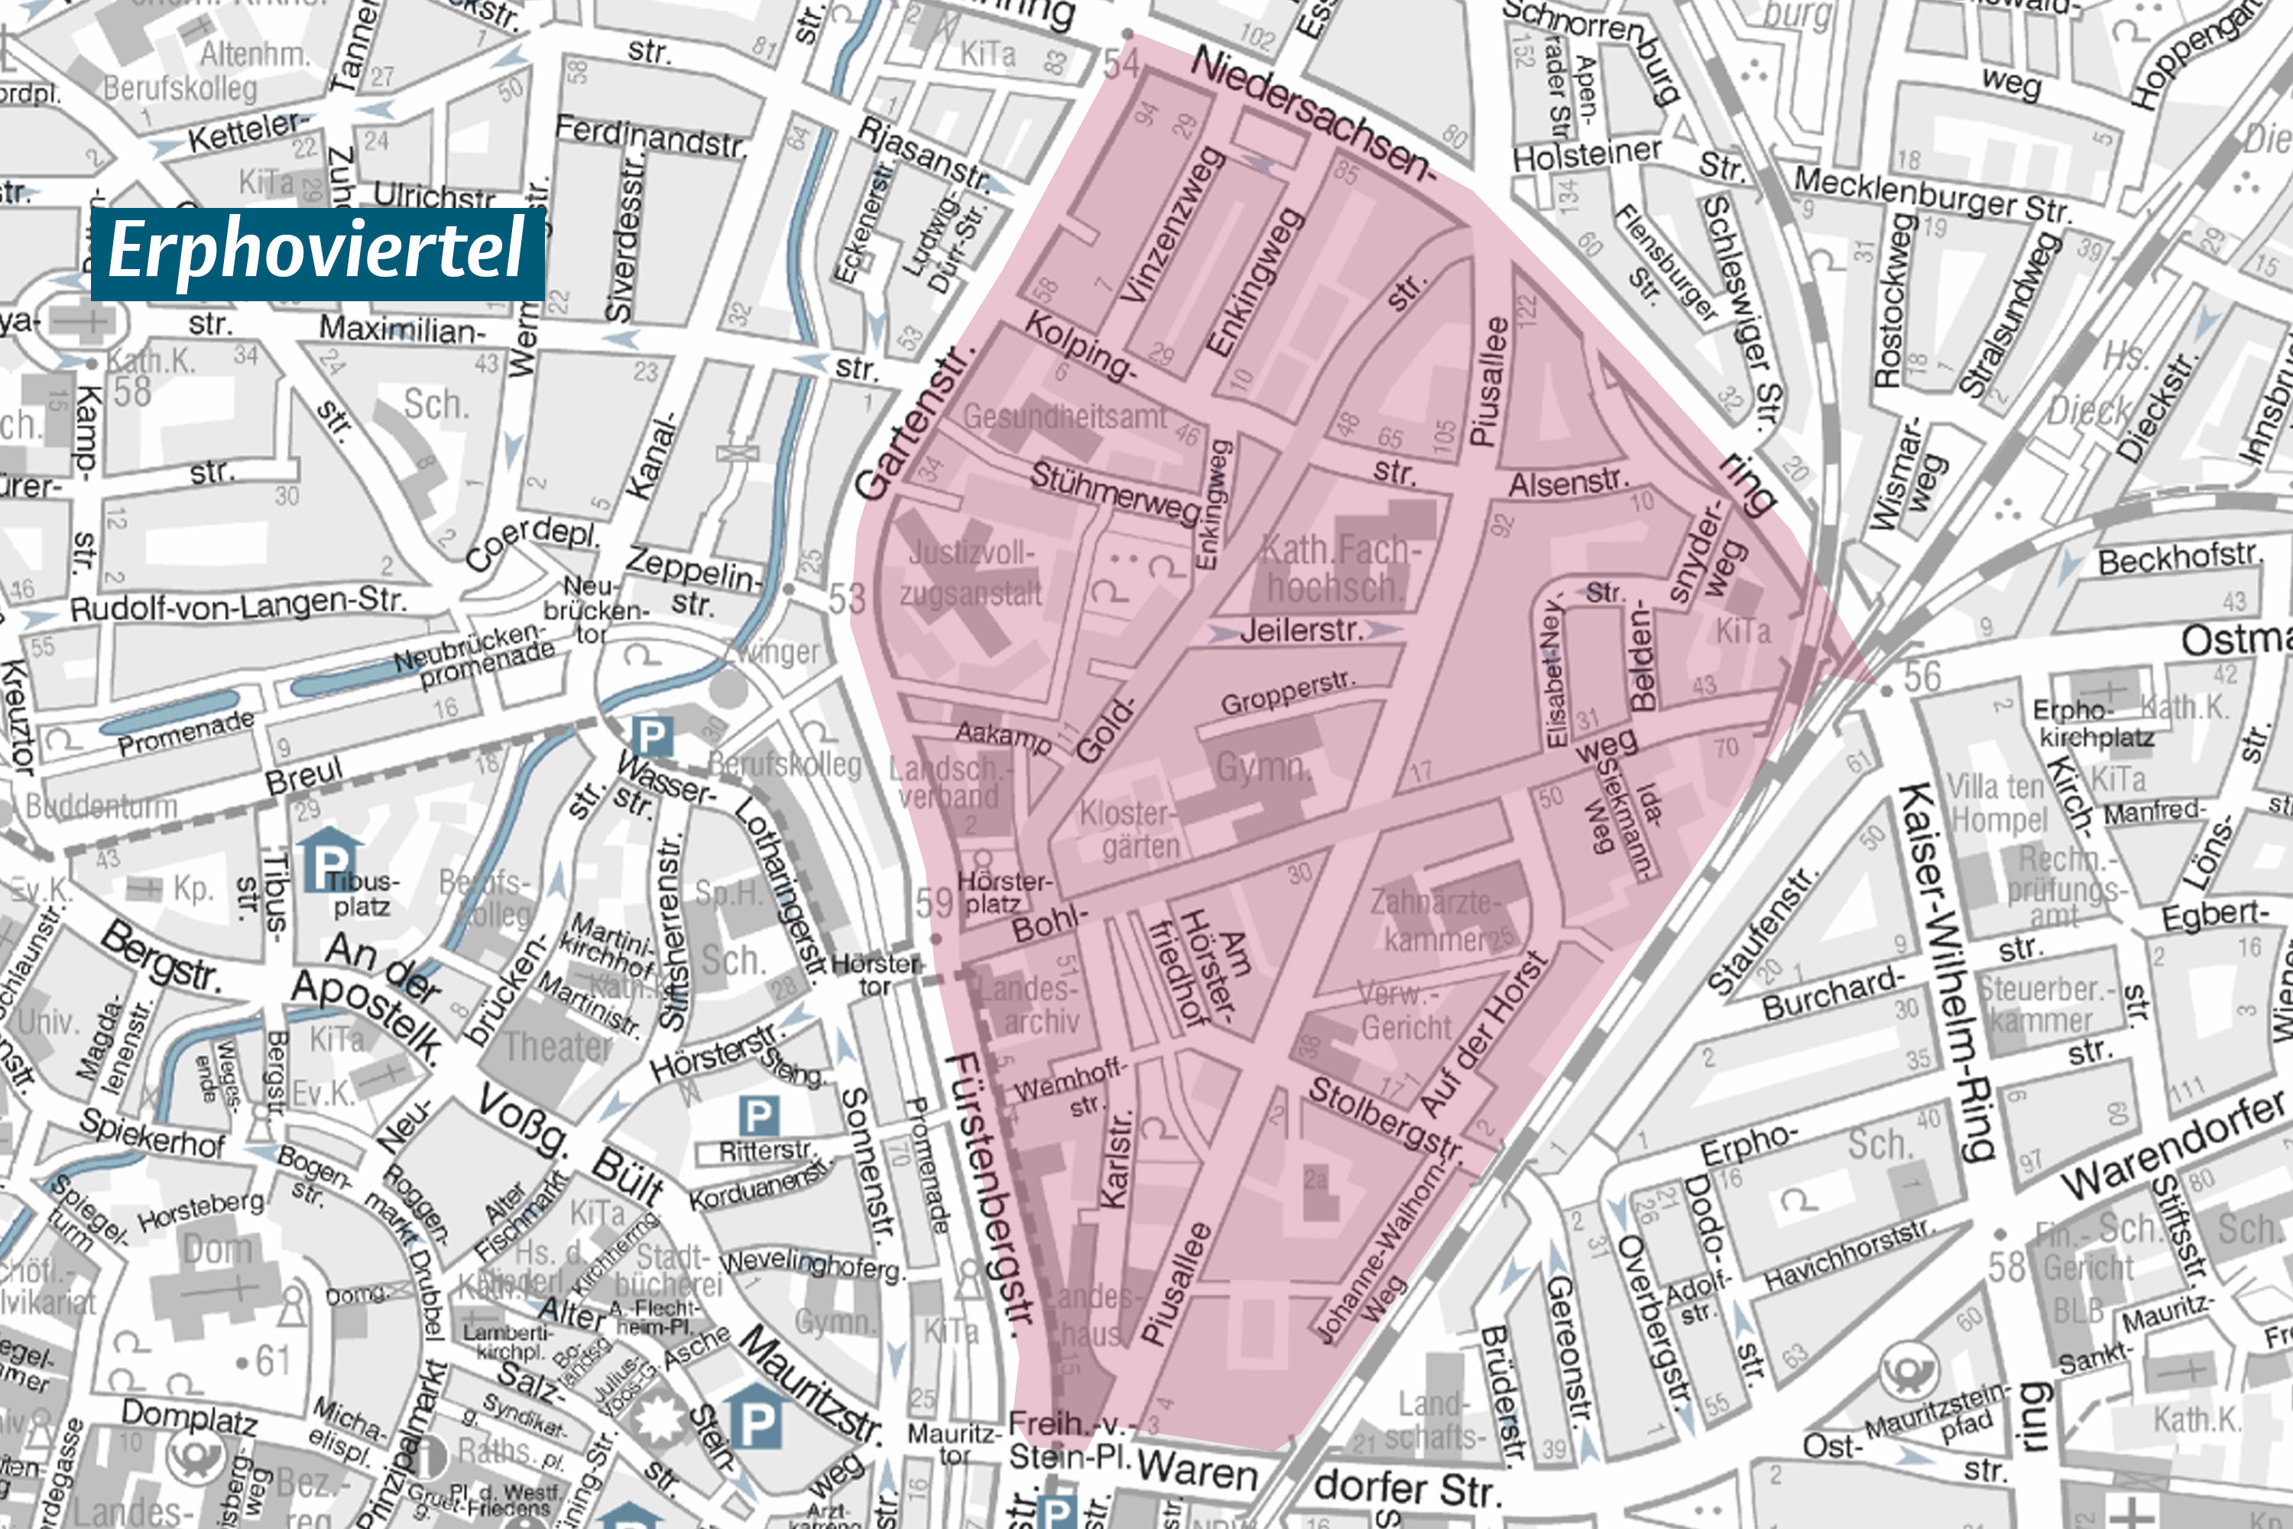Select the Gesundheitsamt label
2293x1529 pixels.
[1064, 417]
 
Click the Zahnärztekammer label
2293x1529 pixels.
[1443, 920]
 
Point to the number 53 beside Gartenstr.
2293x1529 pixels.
[846, 599]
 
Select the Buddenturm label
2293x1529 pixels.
[102, 807]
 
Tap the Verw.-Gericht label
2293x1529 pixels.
[1404, 1011]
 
